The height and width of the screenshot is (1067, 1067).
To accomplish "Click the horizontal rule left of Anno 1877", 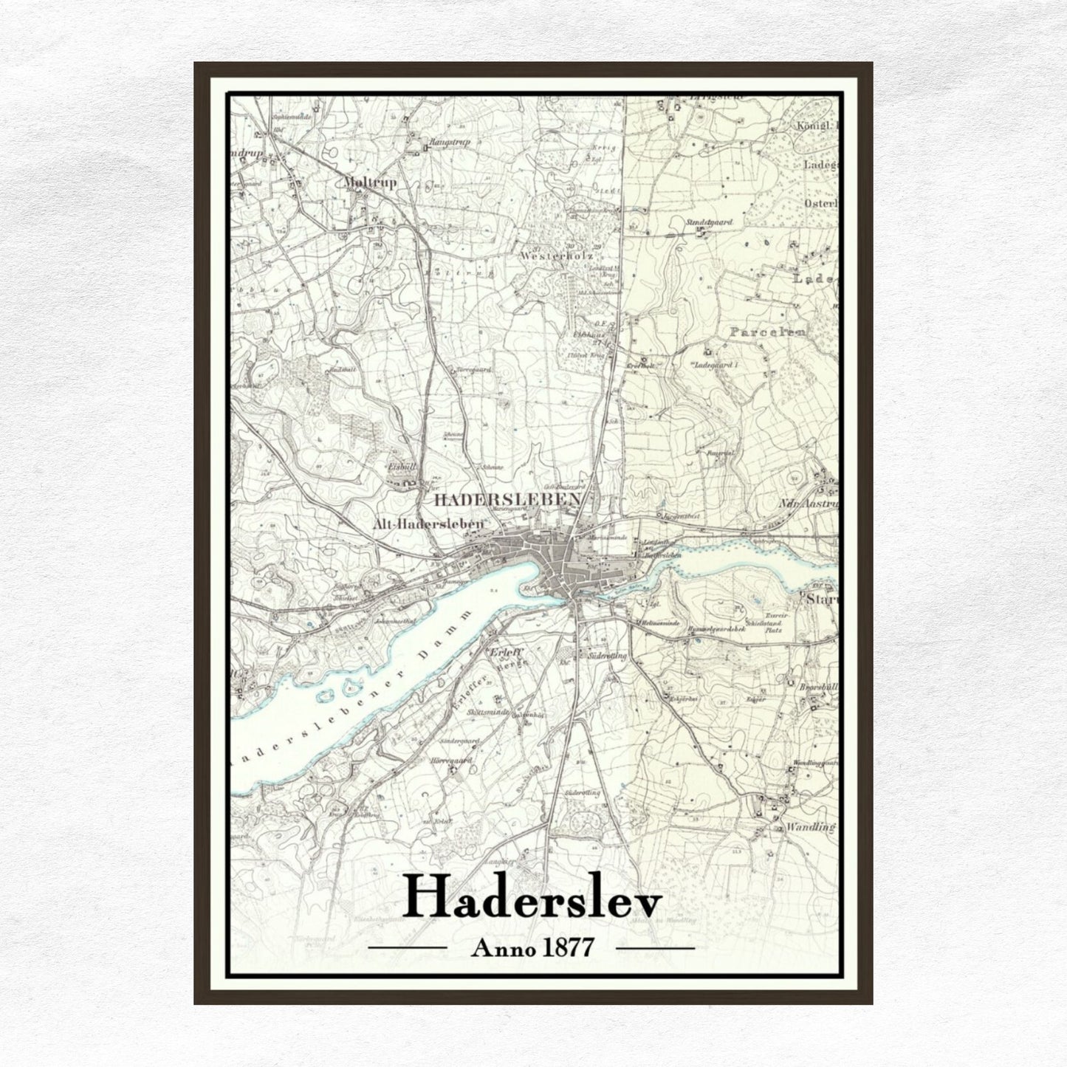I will pos(408,947).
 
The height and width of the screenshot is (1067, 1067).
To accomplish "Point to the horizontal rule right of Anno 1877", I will pos(655,947).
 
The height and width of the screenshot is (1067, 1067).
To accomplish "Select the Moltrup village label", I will pos(370,182).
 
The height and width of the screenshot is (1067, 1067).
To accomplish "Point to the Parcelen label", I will pos(767,332).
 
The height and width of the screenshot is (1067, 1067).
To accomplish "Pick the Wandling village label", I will pos(809,827).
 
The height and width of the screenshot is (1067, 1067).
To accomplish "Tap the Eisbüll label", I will pos(402,467).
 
